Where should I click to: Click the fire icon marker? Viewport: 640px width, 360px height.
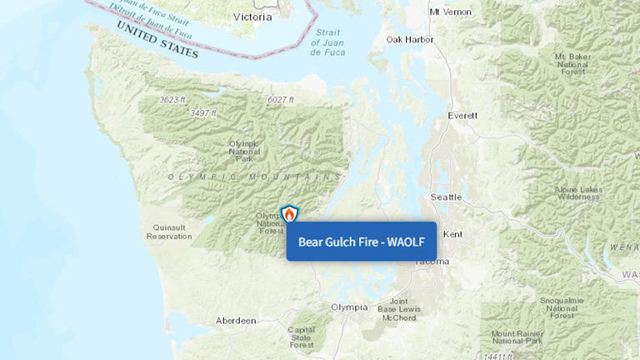coord(289,214)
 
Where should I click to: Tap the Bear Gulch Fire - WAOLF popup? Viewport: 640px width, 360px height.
coord(362,242)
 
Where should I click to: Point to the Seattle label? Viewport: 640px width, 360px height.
coord(445,197)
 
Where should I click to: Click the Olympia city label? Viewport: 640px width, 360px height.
coord(348,307)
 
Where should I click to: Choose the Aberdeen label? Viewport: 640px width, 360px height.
coord(235,320)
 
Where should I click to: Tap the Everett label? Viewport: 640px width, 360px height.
coord(462,116)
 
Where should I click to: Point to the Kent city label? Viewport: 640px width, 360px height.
coord(453,234)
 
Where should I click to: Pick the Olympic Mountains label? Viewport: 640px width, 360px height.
coord(254,177)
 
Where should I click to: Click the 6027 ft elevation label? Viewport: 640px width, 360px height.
coord(281,100)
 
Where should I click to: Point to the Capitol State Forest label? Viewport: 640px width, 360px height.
coord(302,337)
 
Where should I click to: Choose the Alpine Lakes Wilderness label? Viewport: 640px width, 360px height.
coord(577,194)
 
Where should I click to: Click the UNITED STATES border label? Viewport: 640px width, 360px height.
coord(157,38)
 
